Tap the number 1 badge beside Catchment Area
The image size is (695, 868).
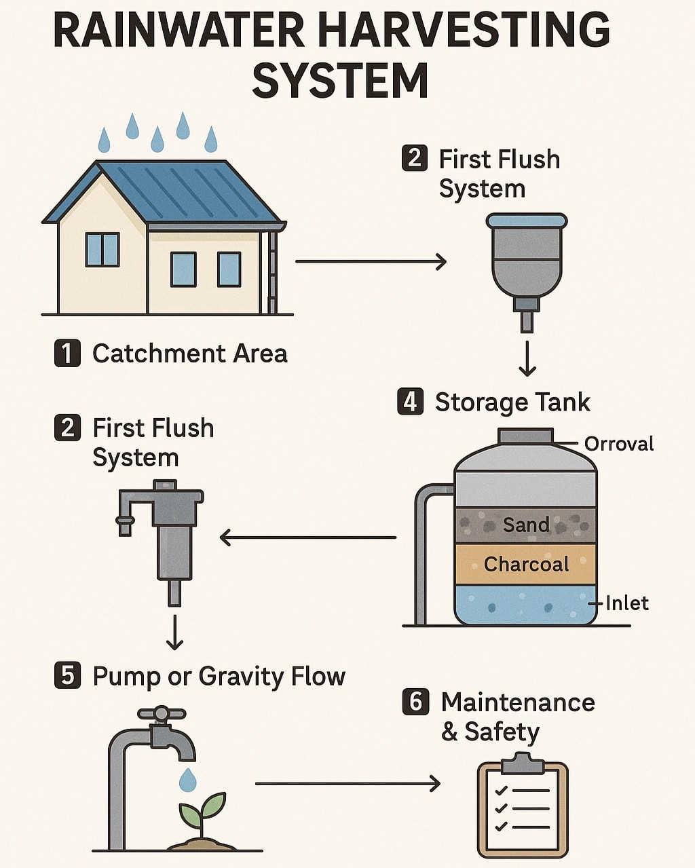click(67, 354)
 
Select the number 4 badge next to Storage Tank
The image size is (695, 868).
click(410, 401)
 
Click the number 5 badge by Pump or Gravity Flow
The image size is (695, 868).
click(67, 675)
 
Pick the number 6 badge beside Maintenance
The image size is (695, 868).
click(415, 702)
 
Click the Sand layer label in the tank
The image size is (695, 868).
click(526, 525)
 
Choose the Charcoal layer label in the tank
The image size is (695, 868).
click(527, 564)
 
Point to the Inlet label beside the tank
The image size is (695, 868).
click(627, 603)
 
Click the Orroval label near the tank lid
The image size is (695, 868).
click(619, 444)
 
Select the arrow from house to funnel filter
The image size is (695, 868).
click(371, 261)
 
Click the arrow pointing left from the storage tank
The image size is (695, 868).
click(308, 537)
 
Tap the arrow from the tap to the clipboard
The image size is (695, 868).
click(347, 784)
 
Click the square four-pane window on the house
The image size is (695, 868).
click(102, 249)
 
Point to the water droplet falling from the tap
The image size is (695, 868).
click(187, 780)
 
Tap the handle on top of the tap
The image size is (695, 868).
click(162, 713)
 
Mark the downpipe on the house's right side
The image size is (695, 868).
click(273, 271)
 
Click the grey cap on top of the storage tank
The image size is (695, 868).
click(525, 436)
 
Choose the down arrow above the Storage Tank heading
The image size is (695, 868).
click(527, 358)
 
